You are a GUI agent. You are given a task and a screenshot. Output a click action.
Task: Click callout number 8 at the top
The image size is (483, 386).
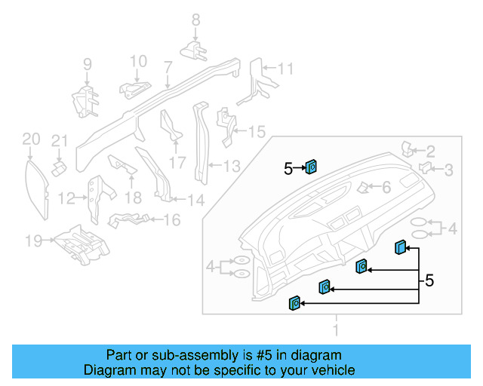click(195, 20)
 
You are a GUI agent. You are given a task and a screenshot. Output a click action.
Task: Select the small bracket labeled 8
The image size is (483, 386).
click(194, 51)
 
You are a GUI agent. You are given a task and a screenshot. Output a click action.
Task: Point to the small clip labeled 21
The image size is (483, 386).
click(57, 164)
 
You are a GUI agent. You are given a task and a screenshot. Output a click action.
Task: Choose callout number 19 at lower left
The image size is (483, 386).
click(32, 241)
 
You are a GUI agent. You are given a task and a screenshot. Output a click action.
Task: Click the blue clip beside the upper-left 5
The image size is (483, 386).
click(311, 167)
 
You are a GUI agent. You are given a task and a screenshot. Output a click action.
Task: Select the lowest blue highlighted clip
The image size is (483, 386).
click(295, 303)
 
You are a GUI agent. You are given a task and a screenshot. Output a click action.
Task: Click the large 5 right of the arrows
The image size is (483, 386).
click(429, 280)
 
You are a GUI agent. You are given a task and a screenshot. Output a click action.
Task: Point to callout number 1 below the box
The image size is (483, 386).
click(337, 329)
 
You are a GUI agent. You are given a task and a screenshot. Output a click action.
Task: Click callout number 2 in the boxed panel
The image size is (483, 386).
click(431, 151)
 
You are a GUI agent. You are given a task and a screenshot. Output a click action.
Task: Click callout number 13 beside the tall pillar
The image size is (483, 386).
click(231, 165)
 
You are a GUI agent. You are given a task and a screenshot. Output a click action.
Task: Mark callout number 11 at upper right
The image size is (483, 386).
click(285, 69)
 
